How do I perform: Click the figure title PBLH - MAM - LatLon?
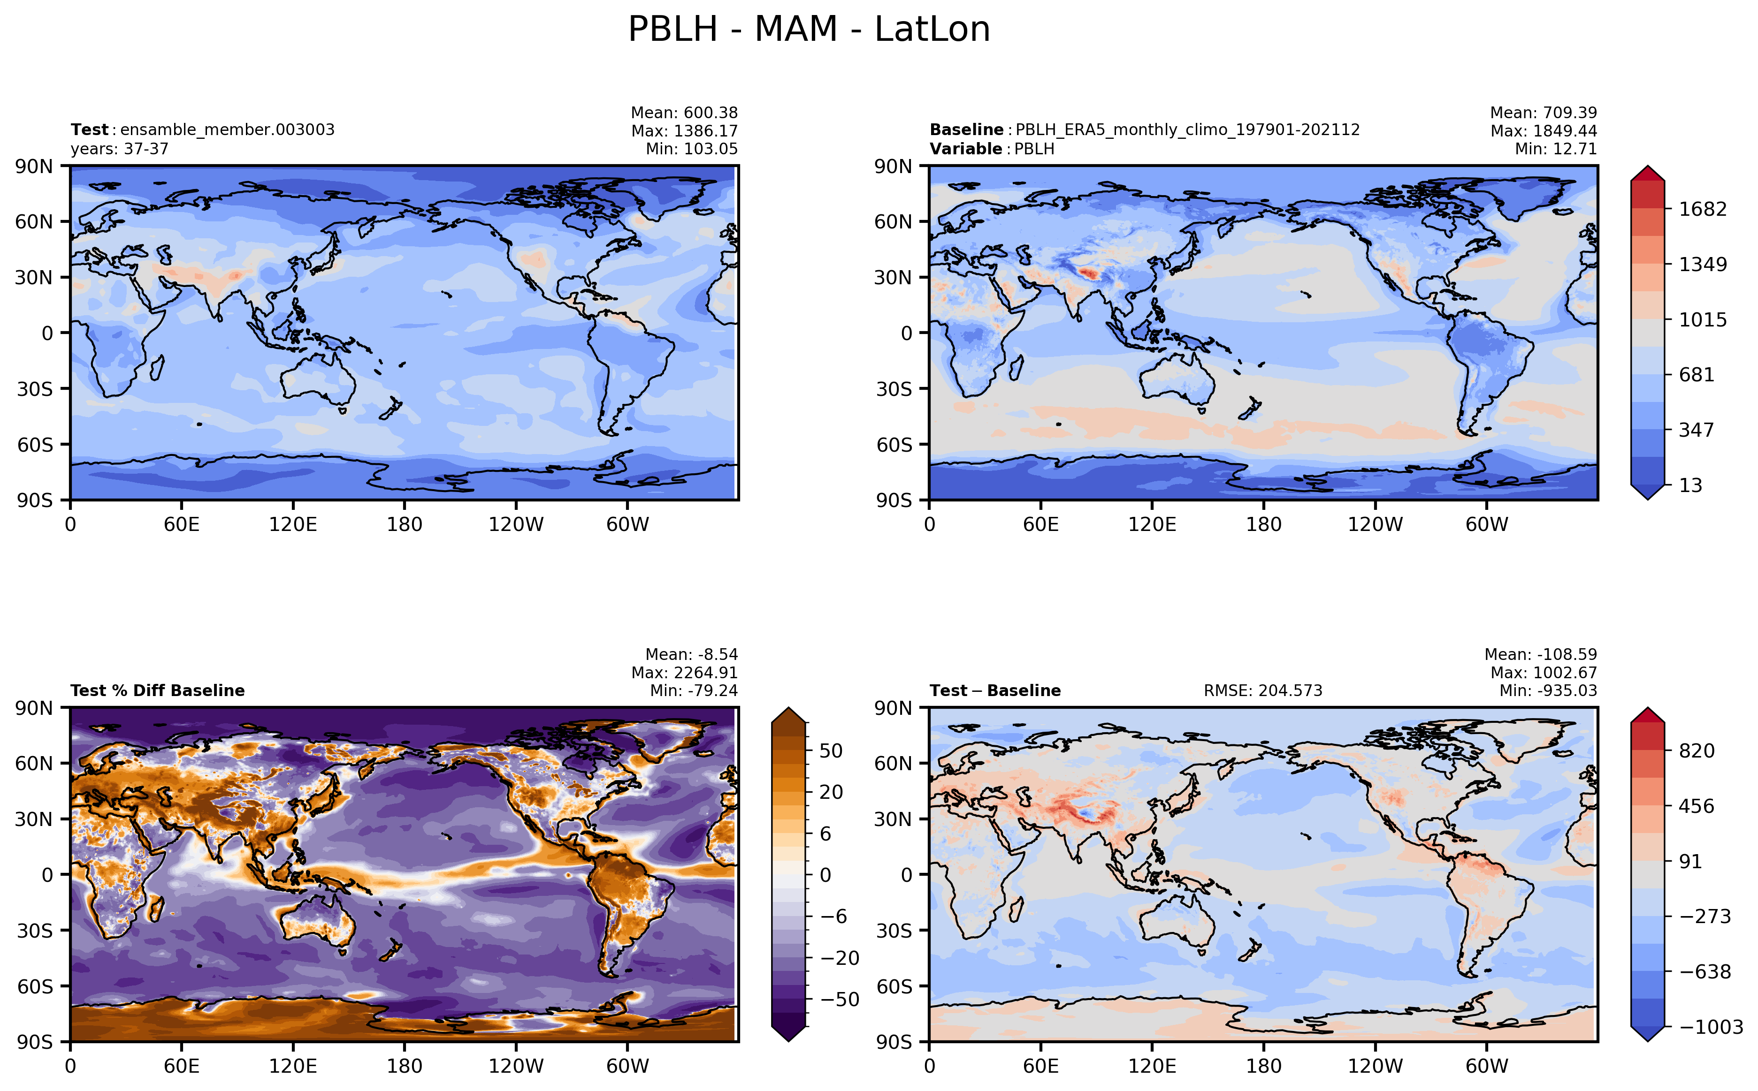(809, 30)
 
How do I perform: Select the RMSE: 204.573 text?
(1263, 690)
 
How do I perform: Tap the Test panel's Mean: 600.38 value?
(684, 113)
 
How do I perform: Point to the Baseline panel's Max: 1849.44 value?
(1544, 130)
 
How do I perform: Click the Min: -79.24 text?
(694, 690)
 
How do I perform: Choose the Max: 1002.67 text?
(1544, 673)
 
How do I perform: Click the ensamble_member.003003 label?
(228, 130)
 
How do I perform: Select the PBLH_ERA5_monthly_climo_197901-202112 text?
(1188, 130)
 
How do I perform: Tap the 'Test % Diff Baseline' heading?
(157, 690)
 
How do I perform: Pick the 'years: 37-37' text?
(119, 149)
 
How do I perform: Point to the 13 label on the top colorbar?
(1690, 485)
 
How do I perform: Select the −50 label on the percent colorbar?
(840, 1000)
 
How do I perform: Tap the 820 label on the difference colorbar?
(1697, 750)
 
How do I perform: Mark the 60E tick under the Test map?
(181, 524)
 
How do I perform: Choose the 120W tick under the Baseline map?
(1376, 524)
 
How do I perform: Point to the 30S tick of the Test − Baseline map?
(894, 931)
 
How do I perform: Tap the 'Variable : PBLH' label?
(992, 149)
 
